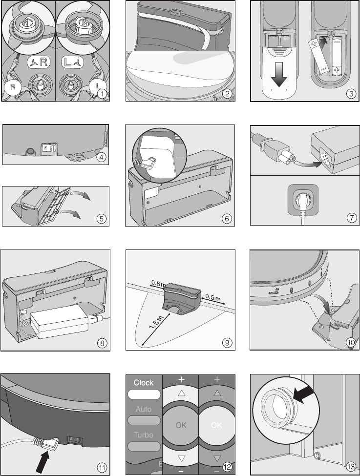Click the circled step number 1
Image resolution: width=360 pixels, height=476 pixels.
101,94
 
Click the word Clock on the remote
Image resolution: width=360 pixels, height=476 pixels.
144,383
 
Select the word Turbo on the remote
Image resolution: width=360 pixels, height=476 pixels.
143,435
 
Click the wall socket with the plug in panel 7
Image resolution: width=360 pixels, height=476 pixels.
301,203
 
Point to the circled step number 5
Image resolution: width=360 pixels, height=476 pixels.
101,219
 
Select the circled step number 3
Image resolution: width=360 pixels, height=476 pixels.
350,94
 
